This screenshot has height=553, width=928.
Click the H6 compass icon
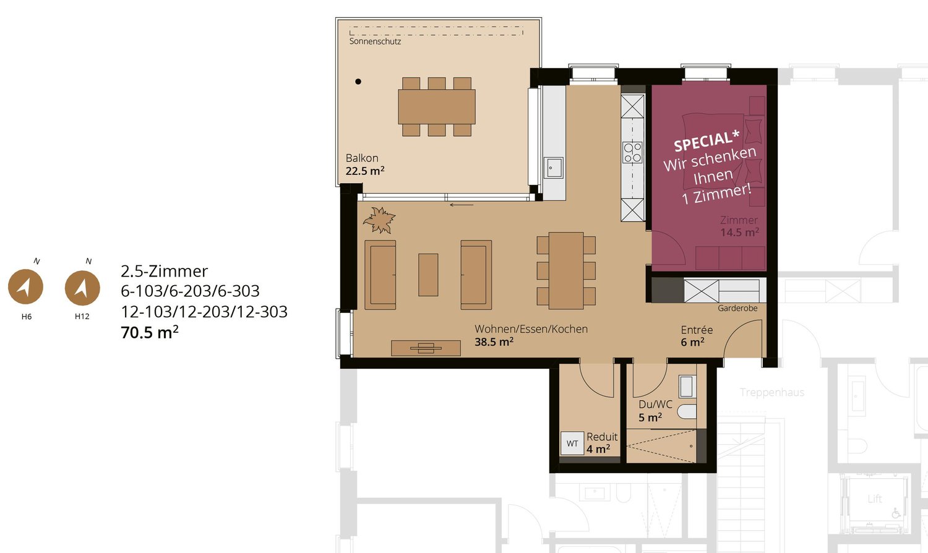coord(25,287)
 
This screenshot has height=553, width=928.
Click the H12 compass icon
coord(82,288)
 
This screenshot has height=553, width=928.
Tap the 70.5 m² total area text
coord(150,332)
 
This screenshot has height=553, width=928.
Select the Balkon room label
coord(362,158)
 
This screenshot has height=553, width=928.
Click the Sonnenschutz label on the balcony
coord(375,41)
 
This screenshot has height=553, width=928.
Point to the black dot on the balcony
coord(358,82)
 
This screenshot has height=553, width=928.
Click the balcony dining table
coord(437,107)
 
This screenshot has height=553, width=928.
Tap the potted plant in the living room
coord(379,220)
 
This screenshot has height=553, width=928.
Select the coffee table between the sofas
coord(428,275)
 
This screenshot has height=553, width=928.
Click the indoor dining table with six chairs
coord(566,270)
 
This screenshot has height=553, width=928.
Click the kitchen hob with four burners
coord(632,152)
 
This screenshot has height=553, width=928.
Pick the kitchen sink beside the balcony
coord(554,168)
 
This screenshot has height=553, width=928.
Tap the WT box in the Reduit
coord(572,444)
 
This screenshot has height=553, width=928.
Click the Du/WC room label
coord(655,405)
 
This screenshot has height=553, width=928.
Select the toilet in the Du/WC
coord(686,411)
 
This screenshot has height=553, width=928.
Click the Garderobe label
coord(737,308)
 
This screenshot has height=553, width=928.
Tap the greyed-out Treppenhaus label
coord(772,392)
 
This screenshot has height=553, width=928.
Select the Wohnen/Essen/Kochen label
coord(531,329)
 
